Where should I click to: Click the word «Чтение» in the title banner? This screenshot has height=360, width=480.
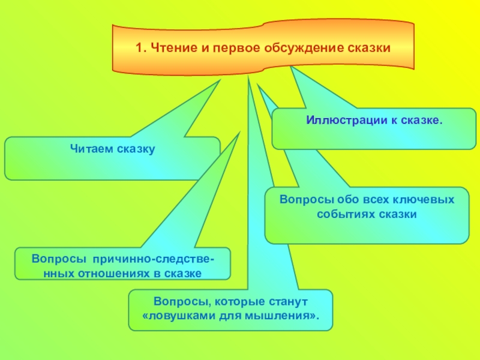[172, 47]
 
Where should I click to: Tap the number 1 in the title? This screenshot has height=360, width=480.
[139, 47]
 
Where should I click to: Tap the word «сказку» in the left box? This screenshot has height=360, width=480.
[136, 148]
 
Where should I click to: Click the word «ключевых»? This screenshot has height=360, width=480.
[422, 199]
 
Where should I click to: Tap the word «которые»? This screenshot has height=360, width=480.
[230, 299]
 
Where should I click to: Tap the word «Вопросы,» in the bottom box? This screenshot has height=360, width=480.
[175, 299]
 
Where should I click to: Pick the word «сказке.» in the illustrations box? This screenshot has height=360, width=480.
[420, 121]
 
